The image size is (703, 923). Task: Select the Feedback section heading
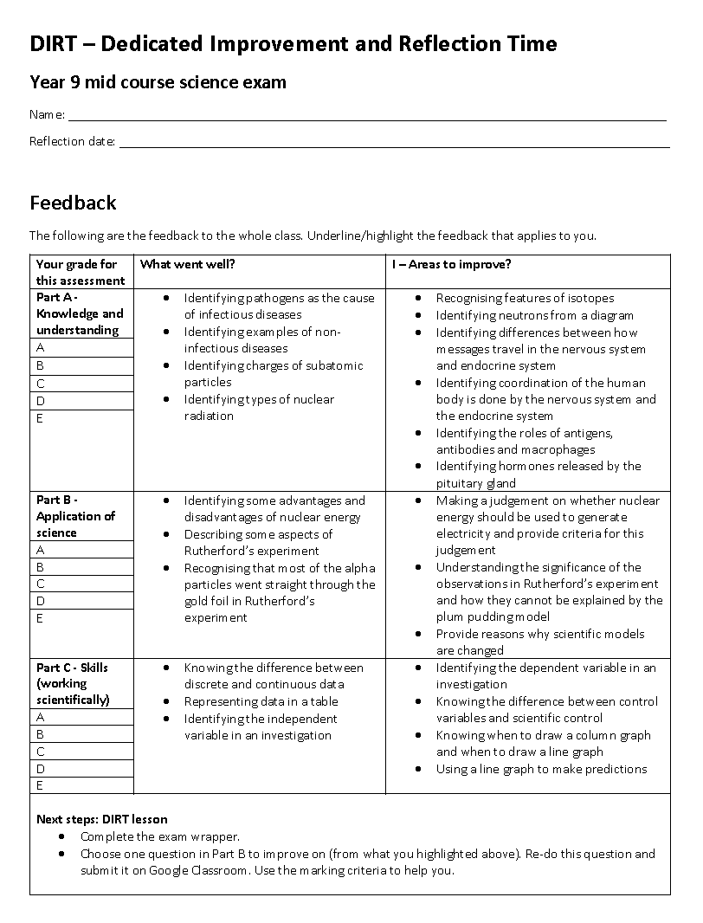click(x=73, y=203)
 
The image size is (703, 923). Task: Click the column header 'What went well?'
click(x=187, y=264)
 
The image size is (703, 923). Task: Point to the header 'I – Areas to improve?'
click(x=451, y=264)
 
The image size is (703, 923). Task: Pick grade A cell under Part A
click(x=83, y=348)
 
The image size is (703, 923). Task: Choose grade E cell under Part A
click(x=83, y=418)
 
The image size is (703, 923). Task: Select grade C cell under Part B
click(x=83, y=584)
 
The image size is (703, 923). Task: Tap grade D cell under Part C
click(x=83, y=768)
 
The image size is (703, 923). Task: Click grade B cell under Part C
click(x=83, y=734)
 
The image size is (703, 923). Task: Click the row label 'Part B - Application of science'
click(x=75, y=516)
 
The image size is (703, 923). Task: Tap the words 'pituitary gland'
click(x=475, y=483)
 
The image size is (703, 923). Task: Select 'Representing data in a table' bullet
click(x=261, y=701)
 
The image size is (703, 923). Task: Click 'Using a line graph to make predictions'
click(x=541, y=769)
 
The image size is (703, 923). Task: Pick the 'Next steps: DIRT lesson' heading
click(x=102, y=819)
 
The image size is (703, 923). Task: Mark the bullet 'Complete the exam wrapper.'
click(x=160, y=836)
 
